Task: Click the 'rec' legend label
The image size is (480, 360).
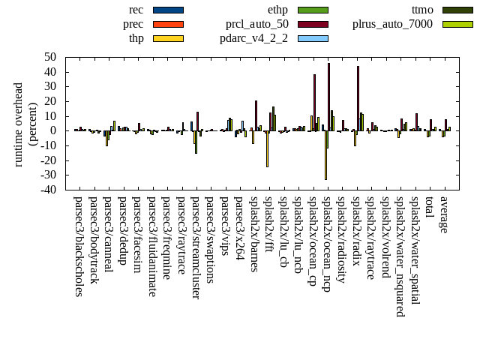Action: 136,10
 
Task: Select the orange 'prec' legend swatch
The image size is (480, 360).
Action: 168,24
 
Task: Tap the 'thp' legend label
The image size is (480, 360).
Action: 136,38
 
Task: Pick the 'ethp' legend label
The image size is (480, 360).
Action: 277,10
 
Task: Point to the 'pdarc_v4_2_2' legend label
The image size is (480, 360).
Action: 254,38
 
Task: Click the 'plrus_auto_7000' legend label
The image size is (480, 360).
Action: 392,24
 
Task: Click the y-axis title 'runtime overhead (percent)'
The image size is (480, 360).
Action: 25,124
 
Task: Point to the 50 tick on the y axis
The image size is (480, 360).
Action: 52,57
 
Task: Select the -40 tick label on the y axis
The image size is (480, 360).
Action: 49,190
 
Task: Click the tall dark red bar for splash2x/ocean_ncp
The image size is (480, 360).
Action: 328,97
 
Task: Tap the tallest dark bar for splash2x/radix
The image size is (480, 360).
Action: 358,98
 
